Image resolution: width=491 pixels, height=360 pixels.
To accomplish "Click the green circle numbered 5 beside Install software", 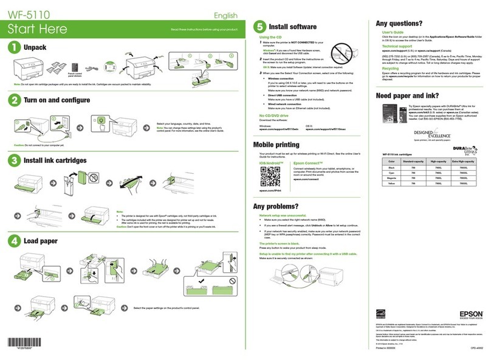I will (x=259, y=27).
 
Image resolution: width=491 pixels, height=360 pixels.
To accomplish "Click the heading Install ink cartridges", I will (x=51, y=161).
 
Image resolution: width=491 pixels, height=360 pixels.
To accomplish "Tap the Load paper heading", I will (x=40, y=241).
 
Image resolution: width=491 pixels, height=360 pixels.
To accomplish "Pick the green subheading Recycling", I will (x=391, y=69).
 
